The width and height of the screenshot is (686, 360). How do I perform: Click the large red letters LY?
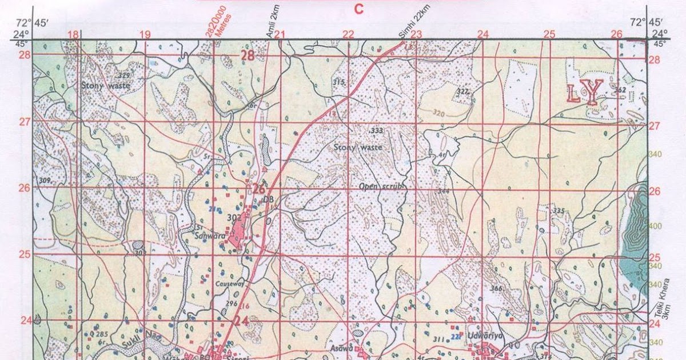(585, 91)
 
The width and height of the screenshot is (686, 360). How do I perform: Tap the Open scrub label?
(382, 187)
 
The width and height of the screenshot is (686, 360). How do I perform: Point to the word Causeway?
(230, 283)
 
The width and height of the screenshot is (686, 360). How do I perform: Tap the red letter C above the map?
(358, 9)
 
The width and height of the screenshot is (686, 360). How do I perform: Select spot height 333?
(376, 131)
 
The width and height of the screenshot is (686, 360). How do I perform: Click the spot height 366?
(496, 289)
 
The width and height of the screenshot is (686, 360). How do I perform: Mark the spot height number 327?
(462, 91)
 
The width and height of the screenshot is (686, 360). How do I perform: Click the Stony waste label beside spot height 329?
(105, 86)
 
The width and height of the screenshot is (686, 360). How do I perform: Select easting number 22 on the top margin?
(348, 34)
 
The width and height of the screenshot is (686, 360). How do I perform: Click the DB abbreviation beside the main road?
(266, 199)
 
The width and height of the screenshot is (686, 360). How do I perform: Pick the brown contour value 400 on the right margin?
(655, 226)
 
